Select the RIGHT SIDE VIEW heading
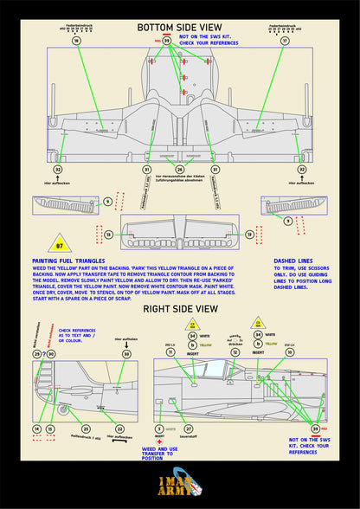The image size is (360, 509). [179, 306]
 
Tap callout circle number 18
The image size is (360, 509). [76, 41]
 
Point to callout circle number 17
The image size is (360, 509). [285, 41]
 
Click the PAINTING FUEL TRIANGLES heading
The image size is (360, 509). [68, 261]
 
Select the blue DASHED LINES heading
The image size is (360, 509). [294, 261]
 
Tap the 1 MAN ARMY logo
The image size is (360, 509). [179, 486]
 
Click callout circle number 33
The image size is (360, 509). [126, 354]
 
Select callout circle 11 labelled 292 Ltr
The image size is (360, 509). [170, 352]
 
